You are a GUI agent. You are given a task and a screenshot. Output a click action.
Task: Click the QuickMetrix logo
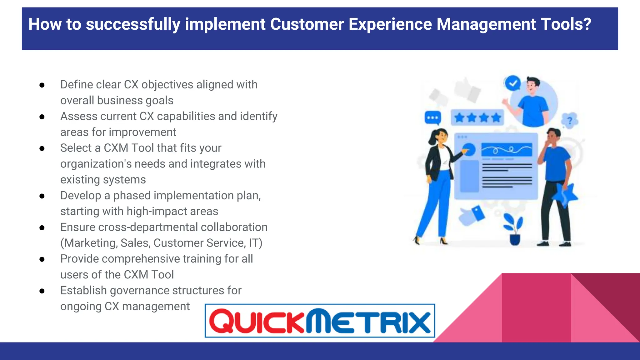click(320, 321)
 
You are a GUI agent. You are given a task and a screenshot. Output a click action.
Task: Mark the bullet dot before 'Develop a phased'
click(42, 196)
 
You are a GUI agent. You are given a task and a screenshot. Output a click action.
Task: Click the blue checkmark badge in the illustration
click(512, 83)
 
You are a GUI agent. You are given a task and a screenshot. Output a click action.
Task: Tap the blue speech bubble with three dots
click(433, 118)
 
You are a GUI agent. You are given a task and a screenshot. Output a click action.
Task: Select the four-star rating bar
click(477, 118)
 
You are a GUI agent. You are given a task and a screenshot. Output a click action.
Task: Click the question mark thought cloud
click(570, 120)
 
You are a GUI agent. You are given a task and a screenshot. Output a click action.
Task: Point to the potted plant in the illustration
click(514, 230)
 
